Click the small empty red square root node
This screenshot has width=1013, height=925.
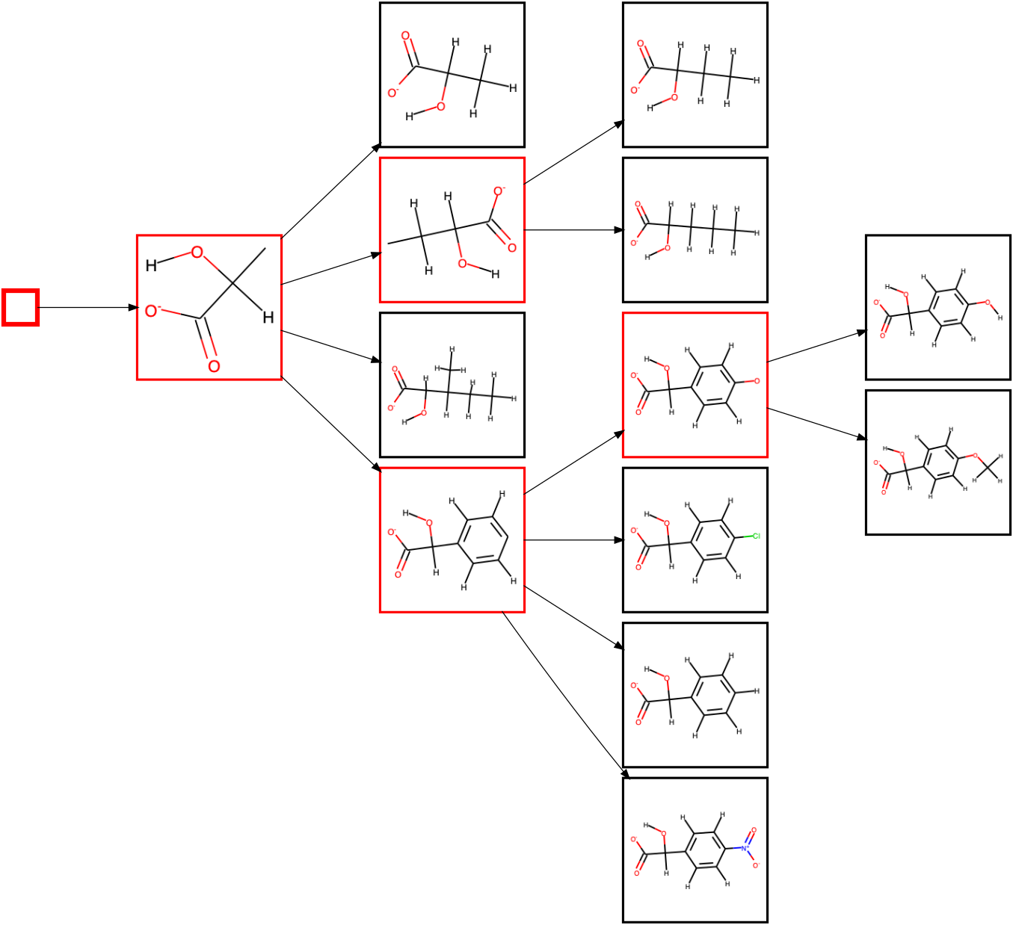pos(20,307)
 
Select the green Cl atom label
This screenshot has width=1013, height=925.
pos(756,536)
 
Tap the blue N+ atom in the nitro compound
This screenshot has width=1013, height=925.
pos(744,848)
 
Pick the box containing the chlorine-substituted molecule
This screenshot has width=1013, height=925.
pos(695,539)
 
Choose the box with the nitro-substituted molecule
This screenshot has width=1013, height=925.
pos(695,850)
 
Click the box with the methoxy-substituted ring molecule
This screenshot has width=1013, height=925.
pos(937,462)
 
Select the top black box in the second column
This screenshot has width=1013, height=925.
pos(452,75)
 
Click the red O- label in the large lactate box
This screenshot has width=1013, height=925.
pos(153,311)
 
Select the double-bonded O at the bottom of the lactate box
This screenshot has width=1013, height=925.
pos(214,366)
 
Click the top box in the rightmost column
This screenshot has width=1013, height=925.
pos(937,307)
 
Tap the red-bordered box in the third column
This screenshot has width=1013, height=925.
pos(695,385)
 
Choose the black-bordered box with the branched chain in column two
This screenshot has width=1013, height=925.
pos(452,385)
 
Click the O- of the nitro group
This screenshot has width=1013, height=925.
pos(755,865)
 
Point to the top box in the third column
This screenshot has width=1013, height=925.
pos(695,75)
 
